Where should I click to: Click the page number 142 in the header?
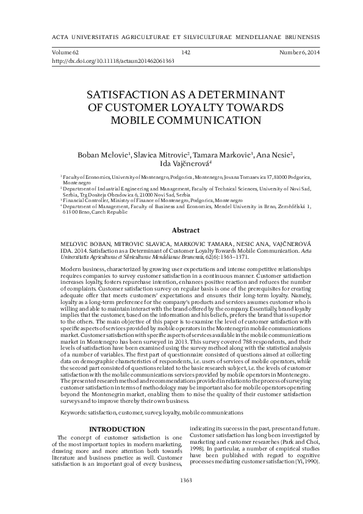[186, 53]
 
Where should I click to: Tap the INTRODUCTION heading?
[117, 430]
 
